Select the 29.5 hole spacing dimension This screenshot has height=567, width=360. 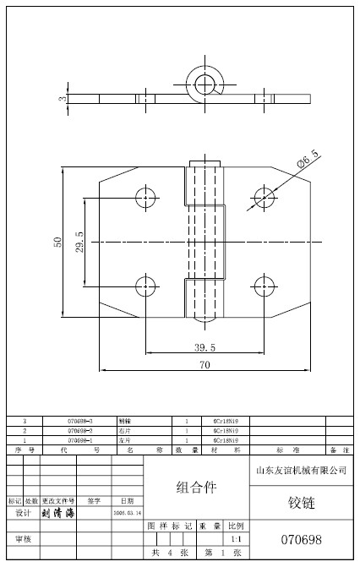79,246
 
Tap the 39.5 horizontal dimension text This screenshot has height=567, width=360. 205,346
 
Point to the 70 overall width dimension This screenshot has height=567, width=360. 205,365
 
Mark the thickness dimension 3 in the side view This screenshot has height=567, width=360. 61,99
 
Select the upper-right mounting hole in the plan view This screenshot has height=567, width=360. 264,199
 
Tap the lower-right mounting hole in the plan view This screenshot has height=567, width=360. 264,285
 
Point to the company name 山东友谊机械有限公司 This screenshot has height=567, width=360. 301,469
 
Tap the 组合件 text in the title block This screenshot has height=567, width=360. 196,488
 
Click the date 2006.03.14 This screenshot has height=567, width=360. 127,513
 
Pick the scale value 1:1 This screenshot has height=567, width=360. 236,538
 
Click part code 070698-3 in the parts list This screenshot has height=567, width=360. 79,420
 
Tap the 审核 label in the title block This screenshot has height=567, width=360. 23,538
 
